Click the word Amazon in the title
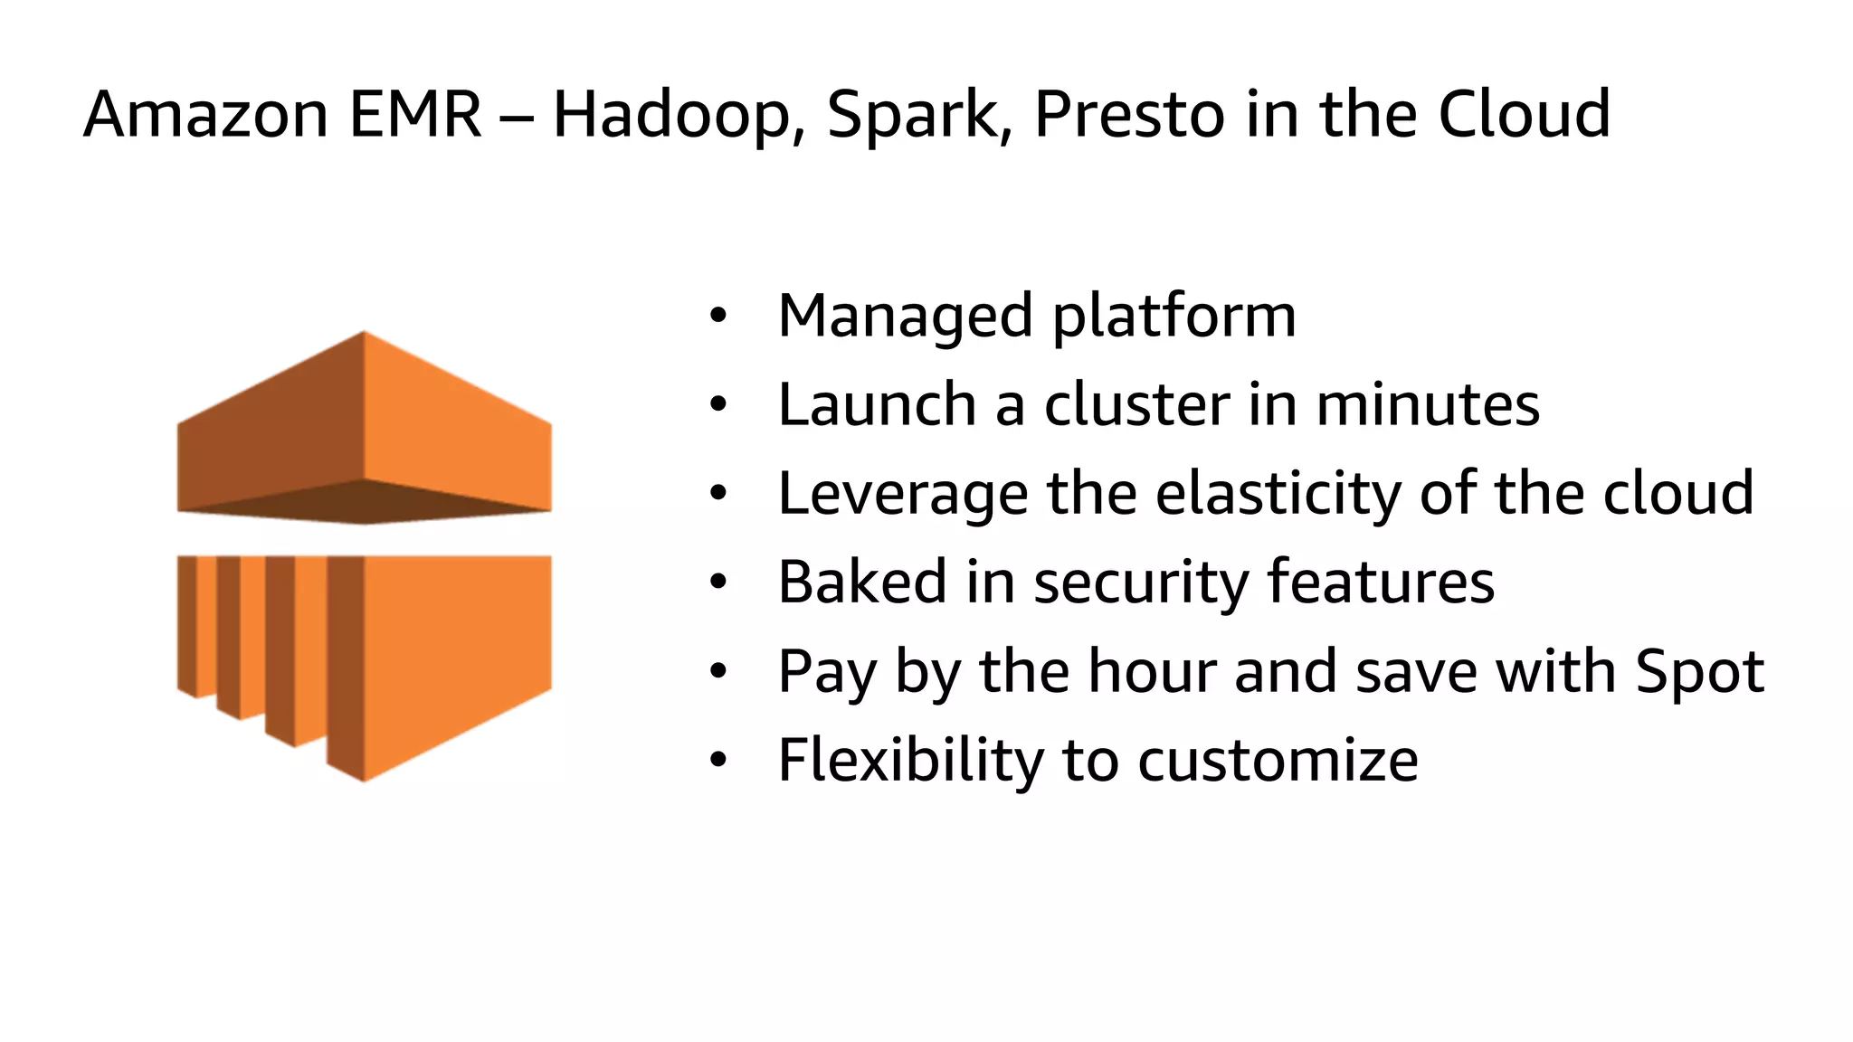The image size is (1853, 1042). click(x=205, y=115)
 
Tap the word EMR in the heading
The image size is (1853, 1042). click(x=415, y=115)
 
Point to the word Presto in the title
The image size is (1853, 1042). click(x=1129, y=115)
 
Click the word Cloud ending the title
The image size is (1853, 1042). click(x=1524, y=115)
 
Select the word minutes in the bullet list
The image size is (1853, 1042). click(x=1427, y=404)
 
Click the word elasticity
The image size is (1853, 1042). click(x=1278, y=495)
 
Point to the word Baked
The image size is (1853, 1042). click(x=861, y=582)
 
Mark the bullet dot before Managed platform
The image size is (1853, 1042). click(x=717, y=316)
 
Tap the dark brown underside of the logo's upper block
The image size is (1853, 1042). click(x=364, y=503)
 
